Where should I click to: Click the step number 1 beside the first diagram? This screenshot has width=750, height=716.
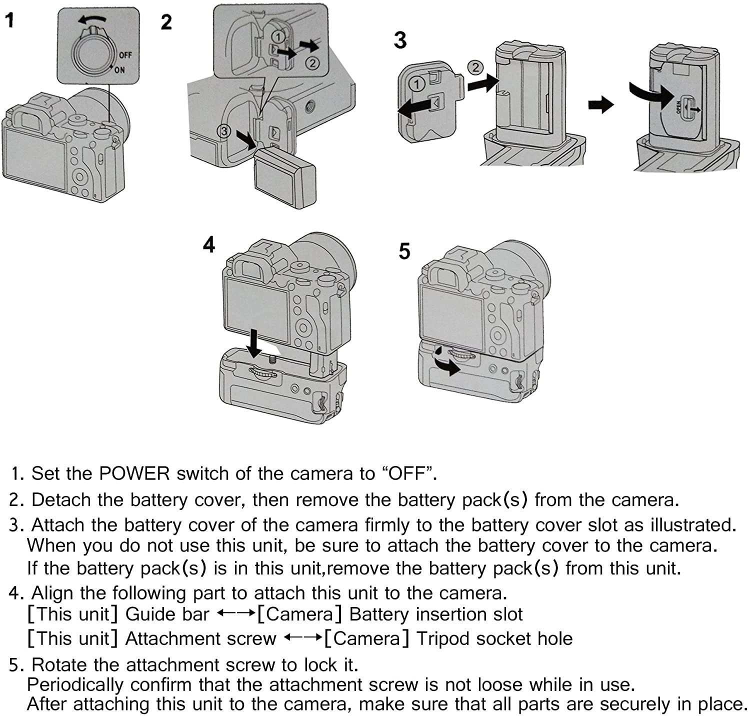pos(9,20)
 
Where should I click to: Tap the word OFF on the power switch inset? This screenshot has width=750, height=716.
pos(125,55)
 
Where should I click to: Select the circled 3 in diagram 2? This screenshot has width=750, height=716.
pos(223,131)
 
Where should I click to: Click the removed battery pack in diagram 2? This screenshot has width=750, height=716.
pos(284,180)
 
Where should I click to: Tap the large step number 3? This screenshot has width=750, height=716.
pos(400,40)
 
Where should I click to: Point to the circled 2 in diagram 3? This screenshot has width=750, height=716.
pos(475,67)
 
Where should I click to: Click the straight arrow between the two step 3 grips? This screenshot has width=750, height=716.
pos(601,105)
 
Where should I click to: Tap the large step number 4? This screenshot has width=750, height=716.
pos(209,244)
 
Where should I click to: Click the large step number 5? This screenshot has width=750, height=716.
pos(404,251)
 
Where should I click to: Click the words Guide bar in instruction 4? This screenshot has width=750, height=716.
pos(167,614)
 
